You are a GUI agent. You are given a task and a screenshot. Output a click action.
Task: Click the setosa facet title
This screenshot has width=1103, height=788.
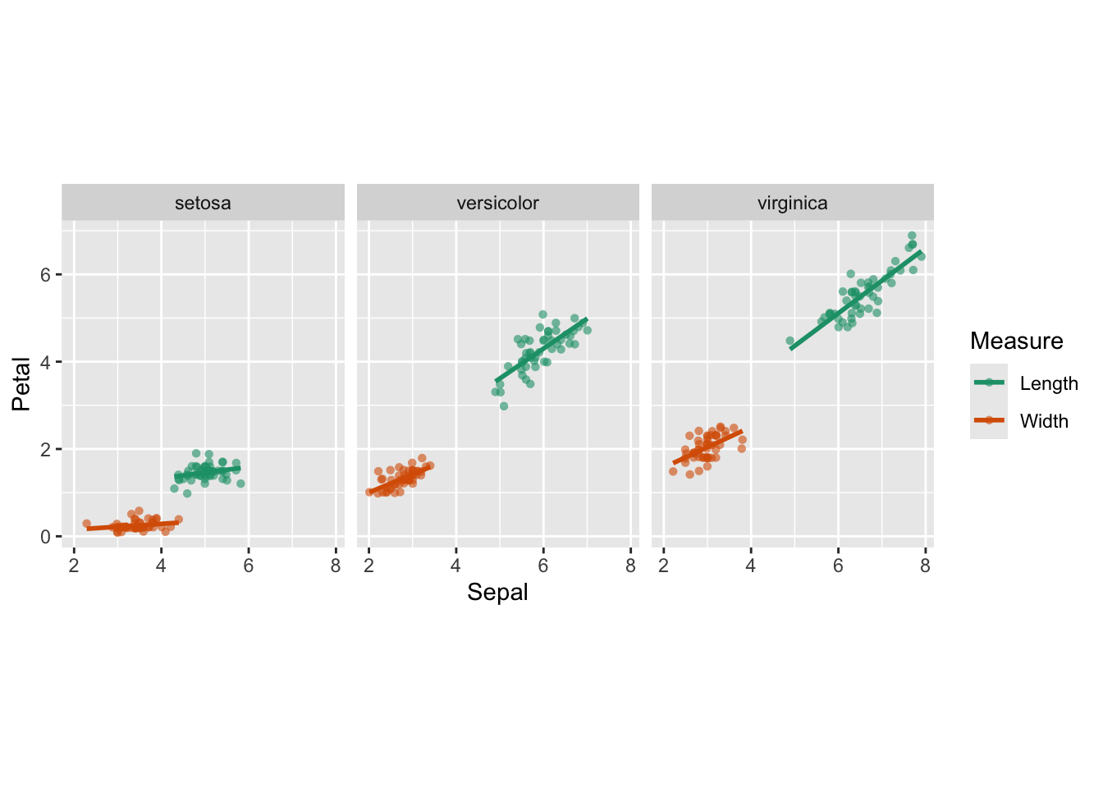[x=203, y=204]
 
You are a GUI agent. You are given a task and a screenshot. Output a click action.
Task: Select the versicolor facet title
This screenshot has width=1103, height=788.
[x=497, y=204]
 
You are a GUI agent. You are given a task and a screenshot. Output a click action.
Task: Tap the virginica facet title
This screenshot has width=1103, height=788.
[x=792, y=204]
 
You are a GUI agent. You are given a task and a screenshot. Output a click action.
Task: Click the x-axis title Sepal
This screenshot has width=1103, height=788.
[x=497, y=593]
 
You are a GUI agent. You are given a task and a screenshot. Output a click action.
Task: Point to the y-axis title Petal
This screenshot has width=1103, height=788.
[x=21, y=383]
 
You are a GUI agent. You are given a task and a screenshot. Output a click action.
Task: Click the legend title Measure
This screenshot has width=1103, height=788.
[x=1016, y=341]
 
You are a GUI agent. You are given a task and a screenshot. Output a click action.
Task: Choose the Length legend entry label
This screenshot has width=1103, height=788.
[x=1048, y=383]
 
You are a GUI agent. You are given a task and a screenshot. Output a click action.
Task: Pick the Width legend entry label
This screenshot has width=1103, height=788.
[x=1044, y=421]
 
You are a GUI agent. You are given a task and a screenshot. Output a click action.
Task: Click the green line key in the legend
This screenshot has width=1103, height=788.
[x=989, y=383]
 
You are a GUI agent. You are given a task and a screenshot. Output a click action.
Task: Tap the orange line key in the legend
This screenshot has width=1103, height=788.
[x=989, y=420]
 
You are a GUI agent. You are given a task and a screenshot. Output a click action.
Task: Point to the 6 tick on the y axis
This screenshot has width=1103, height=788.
[x=46, y=275]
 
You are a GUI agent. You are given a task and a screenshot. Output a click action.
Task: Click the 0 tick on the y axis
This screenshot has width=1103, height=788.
[x=46, y=537]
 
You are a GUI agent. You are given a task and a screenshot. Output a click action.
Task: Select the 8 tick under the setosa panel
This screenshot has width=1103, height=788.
[x=336, y=566]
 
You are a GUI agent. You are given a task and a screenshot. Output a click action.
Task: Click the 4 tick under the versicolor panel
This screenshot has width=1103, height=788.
[x=456, y=566]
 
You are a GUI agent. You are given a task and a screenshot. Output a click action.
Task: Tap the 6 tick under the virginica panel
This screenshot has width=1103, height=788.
[x=838, y=566]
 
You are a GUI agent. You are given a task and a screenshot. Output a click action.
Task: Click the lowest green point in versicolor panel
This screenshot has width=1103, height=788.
[x=504, y=406]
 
